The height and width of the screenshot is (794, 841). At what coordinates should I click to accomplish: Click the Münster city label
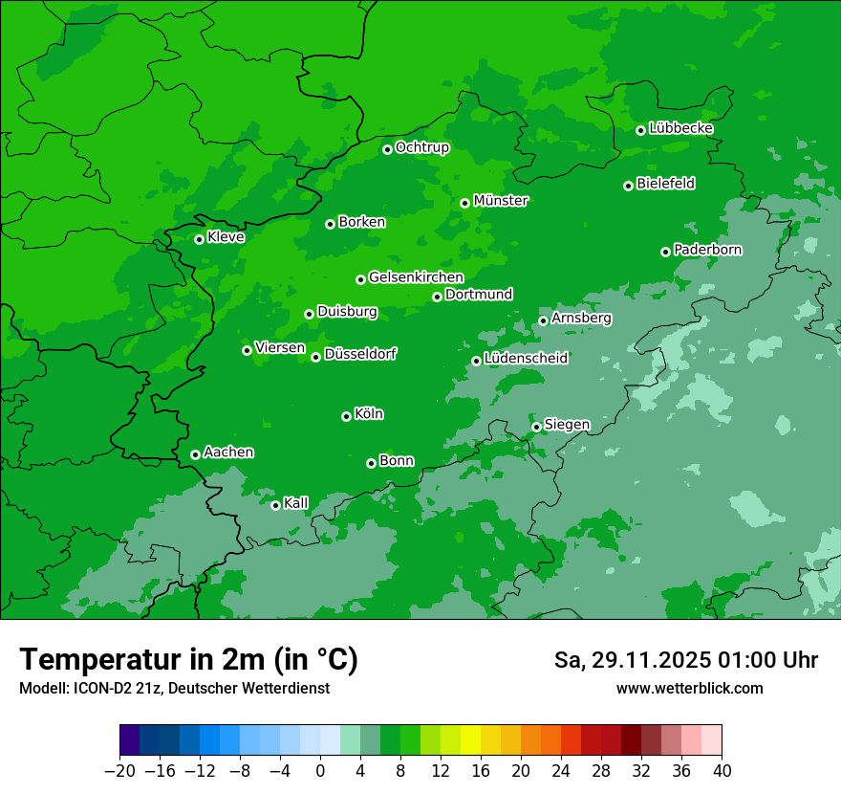pyautogui.click(x=500, y=201)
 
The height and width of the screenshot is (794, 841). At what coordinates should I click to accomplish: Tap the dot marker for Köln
pyautogui.click(x=346, y=416)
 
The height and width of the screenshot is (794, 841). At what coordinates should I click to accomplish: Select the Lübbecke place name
pyautogui.click(x=680, y=128)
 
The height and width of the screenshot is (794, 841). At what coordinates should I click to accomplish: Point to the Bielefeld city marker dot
pyautogui.click(x=628, y=186)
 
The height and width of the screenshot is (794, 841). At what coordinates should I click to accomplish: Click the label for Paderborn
pyautogui.click(x=707, y=250)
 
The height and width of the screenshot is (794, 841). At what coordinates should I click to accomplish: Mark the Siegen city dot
pyautogui.click(x=536, y=427)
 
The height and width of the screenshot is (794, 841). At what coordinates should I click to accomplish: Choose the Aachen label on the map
pyautogui.click(x=228, y=452)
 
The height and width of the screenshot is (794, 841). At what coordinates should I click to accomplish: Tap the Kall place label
pyautogui.click(x=295, y=502)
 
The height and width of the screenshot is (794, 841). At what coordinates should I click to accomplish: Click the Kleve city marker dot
pyautogui.click(x=199, y=239)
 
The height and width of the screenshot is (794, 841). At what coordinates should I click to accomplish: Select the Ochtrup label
pyautogui.click(x=421, y=147)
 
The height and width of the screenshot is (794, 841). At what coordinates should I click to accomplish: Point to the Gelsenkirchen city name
pyautogui.click(x=416, y=277)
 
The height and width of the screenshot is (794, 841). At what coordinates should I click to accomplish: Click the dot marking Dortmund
pyautogui.click(x=437, y=297)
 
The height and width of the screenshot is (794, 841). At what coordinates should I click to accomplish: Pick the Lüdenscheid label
pyautogui.click(x=526, y=358)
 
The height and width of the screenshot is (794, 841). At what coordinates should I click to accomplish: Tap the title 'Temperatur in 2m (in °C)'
pyautogui.click(x=188, y=659)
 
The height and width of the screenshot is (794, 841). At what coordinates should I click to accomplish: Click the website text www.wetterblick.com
pyautogui.click(x=689, y=688)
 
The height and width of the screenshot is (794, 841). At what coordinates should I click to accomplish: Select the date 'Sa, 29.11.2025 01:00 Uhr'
pyautogui.click(x=685, y=660)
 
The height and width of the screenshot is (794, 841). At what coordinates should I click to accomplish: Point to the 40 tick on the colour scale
pyautogui.click(x=722, y=771)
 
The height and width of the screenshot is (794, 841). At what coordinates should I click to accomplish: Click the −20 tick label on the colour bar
pyautogui.click(x=119, y=771)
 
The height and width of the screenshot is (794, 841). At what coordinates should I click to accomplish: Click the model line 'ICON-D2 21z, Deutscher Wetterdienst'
pyautogui.click(x=174, y=688)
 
